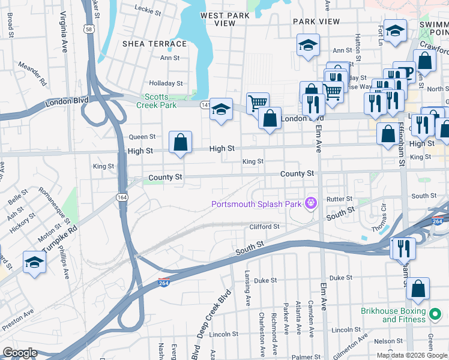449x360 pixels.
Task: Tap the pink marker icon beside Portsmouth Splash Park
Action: click(x=310, y=203)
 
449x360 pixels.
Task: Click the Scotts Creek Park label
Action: click(x=160, y=101)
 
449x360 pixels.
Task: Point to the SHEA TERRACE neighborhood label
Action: click(x=154, y=44)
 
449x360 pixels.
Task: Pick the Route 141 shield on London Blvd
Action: click(x=205, y=105)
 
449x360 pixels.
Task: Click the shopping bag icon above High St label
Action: click(x=180, y=143)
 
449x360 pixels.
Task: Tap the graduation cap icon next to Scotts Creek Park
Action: click(x=221, y=109)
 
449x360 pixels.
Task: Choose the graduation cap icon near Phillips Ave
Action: click(x=34, y=262)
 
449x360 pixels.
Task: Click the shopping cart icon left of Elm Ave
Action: click(x=258, y=103)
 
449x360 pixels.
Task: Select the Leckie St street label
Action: click(x=149, y=9)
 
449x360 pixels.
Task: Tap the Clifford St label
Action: click(x=265, y=227)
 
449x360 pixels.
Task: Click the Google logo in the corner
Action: click(x=20, y=353)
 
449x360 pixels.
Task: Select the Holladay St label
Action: click(x=166, y=83)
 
